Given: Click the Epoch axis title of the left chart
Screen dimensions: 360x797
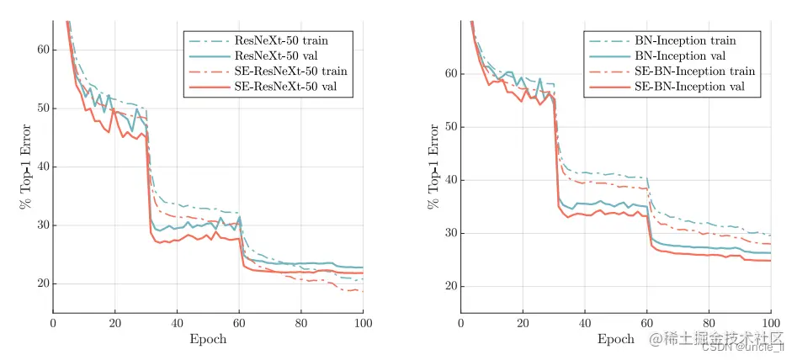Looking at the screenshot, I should pos(209,340).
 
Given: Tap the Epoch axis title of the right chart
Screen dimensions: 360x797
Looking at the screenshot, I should pos(616,340).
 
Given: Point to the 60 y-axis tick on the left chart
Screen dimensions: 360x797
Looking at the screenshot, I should pos(42,50).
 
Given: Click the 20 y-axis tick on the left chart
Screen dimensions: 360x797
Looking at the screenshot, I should pos(42,283).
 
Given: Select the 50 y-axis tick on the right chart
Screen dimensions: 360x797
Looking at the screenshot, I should pos(450,127).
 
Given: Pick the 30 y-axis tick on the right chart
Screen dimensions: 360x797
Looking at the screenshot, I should pos(450,233).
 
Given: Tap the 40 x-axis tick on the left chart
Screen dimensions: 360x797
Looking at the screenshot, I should pos(177,323).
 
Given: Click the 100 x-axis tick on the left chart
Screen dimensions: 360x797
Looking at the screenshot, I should pos(363,323).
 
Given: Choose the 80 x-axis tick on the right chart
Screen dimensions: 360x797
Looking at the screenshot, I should pos(709,323).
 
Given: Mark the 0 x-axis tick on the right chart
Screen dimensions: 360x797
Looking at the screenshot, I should pos(461,323).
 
